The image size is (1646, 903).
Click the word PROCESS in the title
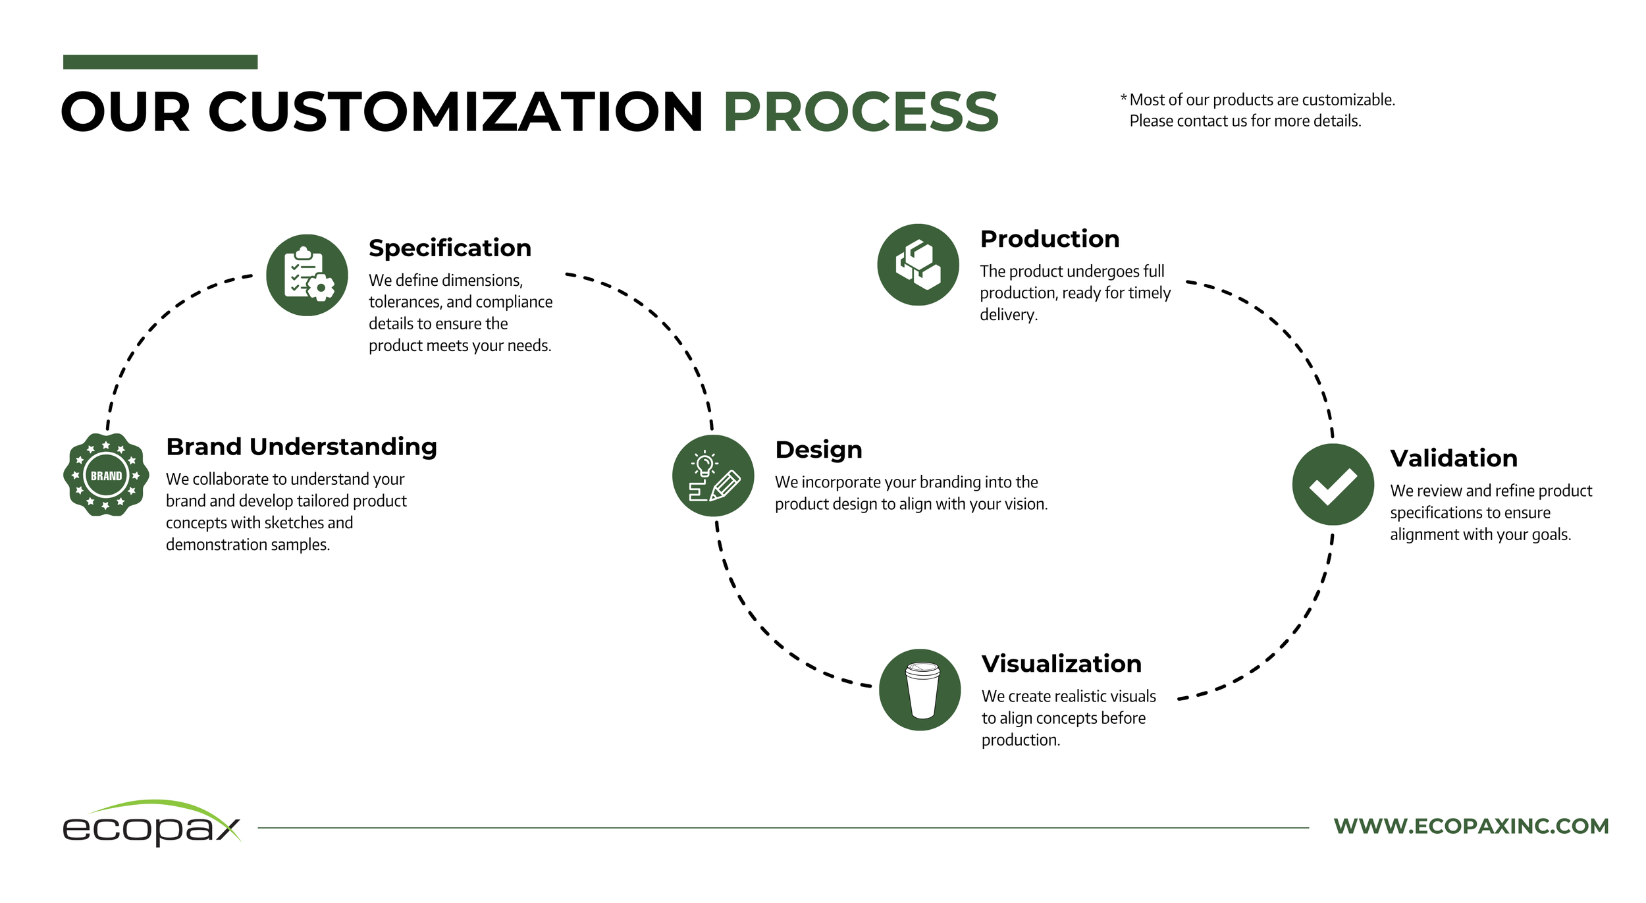click(x=861, y=112)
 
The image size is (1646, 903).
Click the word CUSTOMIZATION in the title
click(x=456, y=112)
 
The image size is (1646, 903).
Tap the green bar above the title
click(x=160, y=62)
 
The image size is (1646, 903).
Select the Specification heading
click(x=450, y=248)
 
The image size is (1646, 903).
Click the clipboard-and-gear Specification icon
click(x=307, y=275)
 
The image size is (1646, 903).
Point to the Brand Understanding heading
click(x=302, y=447)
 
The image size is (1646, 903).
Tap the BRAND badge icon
click(x=106, y=475)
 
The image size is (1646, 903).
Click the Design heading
click(x=818, y=450)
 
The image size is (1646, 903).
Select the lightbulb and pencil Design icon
click(x=713, y=476)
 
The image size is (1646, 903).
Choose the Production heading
click(x=1049, y=239)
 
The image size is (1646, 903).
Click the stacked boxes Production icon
click(x=918, y=265)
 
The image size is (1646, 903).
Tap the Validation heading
click(x=1454, y=458)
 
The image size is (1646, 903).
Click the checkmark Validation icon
click(x=1333, y=485)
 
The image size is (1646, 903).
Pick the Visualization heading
click(x=1061, y=664)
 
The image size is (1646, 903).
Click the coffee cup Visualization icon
click(x=920, y=690)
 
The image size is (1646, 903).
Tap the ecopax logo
click(x=151, y=824)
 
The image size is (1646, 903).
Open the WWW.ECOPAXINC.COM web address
click(x=1471, y=826)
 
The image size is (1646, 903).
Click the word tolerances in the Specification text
click(x=404, y=302)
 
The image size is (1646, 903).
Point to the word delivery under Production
click(x=1007, y=315)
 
